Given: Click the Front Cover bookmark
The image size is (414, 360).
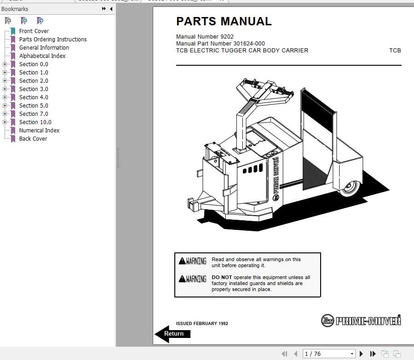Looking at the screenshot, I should [34, 31].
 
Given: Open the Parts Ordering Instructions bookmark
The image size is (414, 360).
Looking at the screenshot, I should [52, 40].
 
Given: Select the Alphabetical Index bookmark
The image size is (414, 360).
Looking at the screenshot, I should [42, 56].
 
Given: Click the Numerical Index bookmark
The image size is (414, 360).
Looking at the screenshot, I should [39, 131].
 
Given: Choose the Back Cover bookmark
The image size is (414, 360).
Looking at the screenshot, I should [33, 139].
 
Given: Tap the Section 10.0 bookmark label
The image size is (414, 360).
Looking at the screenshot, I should [35, 122].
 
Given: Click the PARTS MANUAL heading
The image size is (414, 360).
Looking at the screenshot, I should [224, 22].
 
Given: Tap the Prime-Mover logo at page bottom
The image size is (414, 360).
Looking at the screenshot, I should [361, 320].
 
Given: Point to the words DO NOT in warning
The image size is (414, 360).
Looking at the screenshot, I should [222, 278].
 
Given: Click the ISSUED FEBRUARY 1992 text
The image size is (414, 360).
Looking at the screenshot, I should [202, 324].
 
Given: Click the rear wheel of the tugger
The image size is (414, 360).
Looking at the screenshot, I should [349, 188].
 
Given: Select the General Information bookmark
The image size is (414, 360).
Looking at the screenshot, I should [44, 48].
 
